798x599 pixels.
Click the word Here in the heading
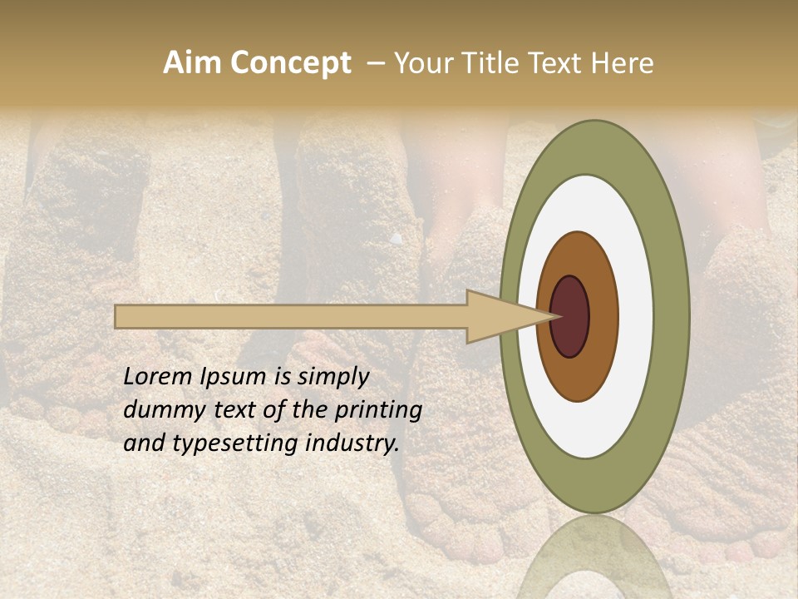623,63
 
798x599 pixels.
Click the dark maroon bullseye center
571,316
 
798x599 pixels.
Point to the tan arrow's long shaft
291,317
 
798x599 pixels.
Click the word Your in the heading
422,63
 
